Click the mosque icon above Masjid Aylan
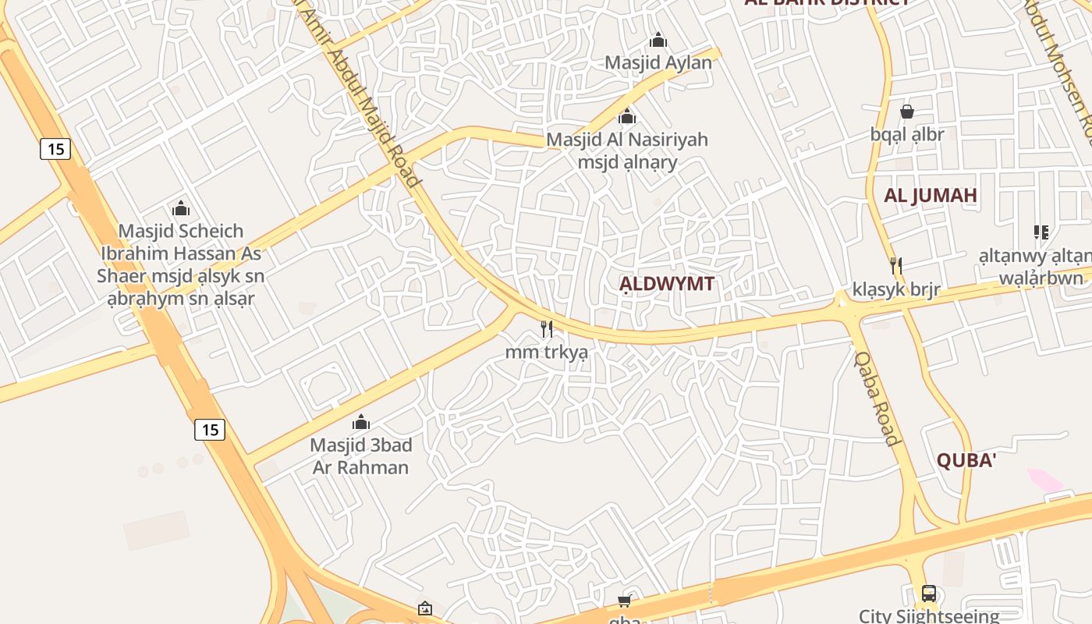[658, 40]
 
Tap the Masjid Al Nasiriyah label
[627, 140]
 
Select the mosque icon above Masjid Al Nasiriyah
[626, 118]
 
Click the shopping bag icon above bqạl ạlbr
[906, 112]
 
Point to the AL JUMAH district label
[930, 196]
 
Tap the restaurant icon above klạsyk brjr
[896, 267]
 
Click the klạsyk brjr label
[896, 290]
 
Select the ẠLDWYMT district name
[666, 284]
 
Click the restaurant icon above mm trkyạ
[547, 329]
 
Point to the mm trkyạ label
[546, 353]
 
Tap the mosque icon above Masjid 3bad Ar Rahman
[361, 423]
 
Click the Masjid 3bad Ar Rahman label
[361, 456]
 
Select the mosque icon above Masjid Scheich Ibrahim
[181, 209]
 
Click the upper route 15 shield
[55, 148]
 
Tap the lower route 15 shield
[210, 429]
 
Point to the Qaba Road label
[877, 398]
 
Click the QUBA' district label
[966, 461]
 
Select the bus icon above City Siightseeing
[928, 594]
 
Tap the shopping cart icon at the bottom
[624, 601]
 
